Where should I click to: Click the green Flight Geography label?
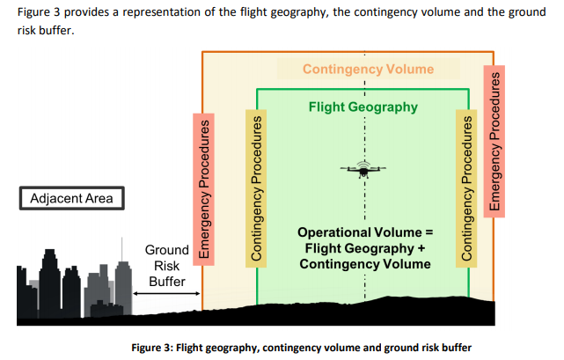click(363, 107)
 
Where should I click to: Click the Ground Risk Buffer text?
click(166, 266)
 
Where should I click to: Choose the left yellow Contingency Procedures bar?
click(258, 187)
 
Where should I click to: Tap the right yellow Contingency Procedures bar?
click(464, 187)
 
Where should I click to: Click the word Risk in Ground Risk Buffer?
click(166, 266)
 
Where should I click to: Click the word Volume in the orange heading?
click(410, 69)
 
